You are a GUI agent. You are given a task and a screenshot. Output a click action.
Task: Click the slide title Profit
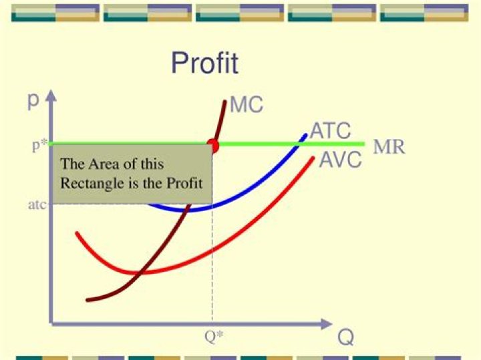(x=204, y=63)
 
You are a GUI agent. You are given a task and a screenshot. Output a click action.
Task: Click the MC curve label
(x=247, y=105)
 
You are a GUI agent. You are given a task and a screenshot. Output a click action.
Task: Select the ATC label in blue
(x=330, y=132)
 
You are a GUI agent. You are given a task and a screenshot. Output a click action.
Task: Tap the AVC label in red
(x=340, y=160)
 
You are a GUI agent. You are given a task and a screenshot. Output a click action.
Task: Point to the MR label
(x=389, y=146)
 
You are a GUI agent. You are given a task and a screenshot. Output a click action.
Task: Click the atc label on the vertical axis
(x=37, y=204)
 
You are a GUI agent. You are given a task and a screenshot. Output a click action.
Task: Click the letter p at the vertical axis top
(x=33, y=100)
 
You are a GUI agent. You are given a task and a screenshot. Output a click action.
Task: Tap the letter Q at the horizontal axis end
(x=345, y=337)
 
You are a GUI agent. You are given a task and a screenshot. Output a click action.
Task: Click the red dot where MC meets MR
(x=213, y=144)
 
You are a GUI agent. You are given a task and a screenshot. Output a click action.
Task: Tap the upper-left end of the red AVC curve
(x=77, y=233)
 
